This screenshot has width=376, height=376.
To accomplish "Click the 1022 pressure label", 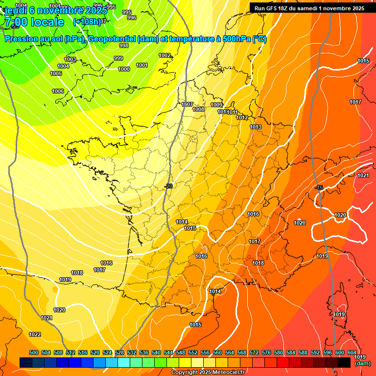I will point(35,334).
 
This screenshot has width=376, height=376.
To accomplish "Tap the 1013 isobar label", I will point(256,127).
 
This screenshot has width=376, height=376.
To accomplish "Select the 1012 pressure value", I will point(242,117).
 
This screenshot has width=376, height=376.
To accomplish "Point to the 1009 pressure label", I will point(216,105).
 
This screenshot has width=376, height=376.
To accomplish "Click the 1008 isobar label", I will point(198,109).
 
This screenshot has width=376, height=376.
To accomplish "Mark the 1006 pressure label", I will point(58,91).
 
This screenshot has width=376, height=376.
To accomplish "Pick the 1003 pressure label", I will point(70,59).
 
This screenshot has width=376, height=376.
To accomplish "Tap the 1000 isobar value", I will point(124,69).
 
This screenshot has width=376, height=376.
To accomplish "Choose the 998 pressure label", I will point(124,46).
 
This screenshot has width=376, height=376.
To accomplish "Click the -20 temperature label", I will point(169,186).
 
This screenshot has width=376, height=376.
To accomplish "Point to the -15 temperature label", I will point(320,188).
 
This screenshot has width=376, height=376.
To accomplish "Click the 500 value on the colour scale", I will point(34,352).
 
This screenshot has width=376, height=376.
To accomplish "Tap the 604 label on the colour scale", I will point(352,352).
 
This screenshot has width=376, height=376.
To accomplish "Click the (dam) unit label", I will point(362,364).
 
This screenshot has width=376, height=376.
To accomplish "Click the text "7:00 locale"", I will point(34,22).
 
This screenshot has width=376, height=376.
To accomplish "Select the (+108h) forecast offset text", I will point(87,22).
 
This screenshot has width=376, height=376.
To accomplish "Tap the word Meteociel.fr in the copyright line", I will point(225,373).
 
